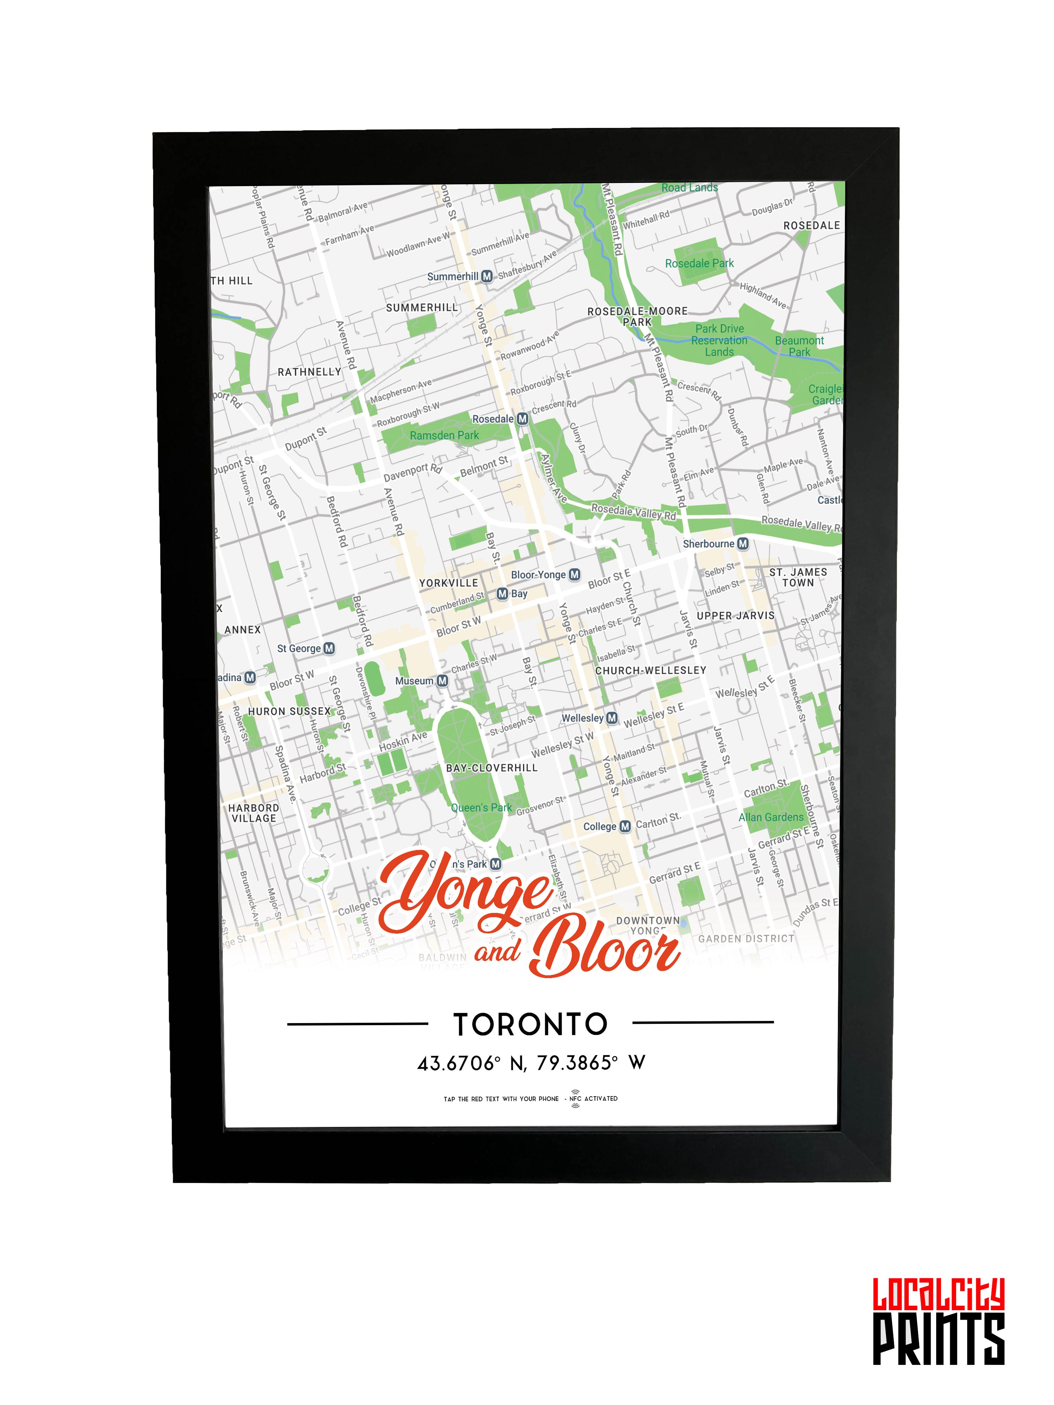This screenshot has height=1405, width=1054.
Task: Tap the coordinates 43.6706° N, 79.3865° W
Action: [x=531, y=1063]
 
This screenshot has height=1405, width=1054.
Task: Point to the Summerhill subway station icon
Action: [x=487, y=276]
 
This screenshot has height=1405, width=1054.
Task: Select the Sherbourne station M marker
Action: [x=743, y=544]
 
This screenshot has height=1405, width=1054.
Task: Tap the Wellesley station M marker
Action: [x=612, y=718]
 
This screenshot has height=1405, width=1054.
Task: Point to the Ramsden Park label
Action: [x=444, y=436]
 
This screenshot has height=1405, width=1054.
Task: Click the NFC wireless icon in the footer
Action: [x=575, y=1099]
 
